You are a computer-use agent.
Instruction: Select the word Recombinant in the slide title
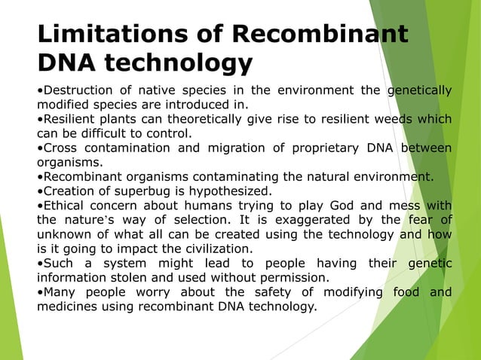tap(320, 34)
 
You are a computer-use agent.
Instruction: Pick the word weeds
tap(391, 119)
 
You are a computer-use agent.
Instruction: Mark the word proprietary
tap(317, 147)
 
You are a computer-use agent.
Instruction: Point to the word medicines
tap(69, 306)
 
